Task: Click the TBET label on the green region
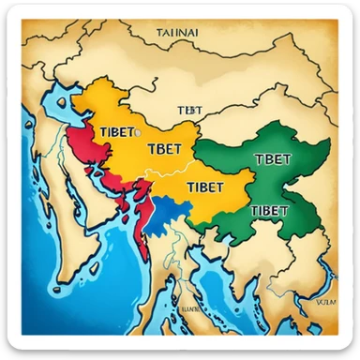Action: (x=272, y=159)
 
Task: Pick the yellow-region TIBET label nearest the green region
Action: (x=205, y=187)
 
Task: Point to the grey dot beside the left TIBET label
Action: (x=136, y=130)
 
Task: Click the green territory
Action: (x=281, y=183)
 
